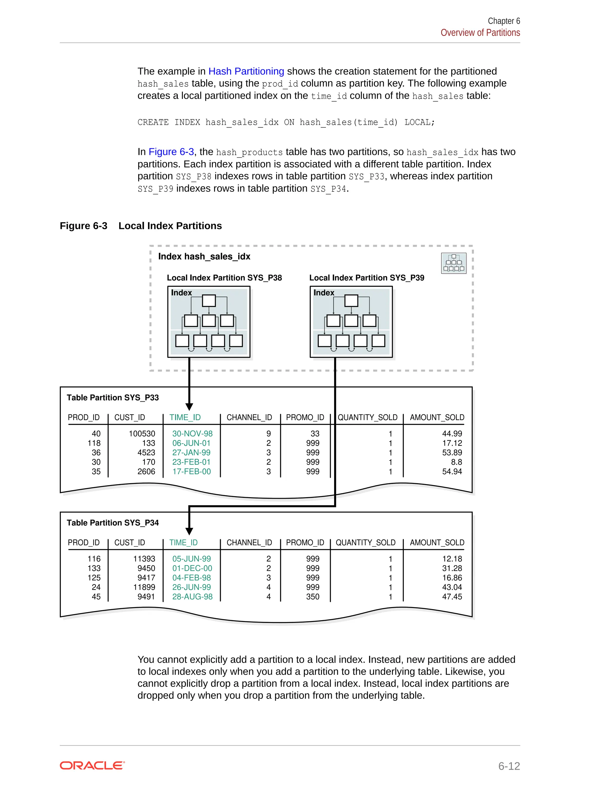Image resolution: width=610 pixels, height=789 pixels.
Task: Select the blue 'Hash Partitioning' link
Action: [x=246, y=71]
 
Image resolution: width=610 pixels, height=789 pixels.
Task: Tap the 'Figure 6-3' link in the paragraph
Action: [x=171, y=152]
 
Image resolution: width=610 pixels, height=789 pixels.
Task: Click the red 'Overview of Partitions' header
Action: [x=480, y=32]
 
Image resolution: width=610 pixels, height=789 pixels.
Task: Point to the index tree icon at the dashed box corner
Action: [x=454, y=263]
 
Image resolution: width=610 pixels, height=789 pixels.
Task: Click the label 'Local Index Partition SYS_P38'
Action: [x=224, y=278]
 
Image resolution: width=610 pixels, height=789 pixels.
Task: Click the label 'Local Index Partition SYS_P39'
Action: [x=366, y=278]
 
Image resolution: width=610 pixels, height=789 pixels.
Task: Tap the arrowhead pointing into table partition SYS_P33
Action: [x=189, y=406]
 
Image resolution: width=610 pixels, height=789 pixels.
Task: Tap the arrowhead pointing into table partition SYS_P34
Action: [x=189, y=531]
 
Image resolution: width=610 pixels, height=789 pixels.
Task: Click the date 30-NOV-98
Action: [x=192, y=434]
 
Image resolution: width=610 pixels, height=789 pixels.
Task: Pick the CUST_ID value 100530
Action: [x=142, y=434]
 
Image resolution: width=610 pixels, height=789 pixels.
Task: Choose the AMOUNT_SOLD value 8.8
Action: [x=456, y=462]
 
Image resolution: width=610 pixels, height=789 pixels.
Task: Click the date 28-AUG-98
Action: [x=192, y=596]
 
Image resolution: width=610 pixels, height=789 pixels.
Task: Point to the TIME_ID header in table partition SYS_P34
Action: [x=183, y=542]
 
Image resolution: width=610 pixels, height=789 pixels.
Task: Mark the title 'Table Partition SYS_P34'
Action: [x=113, y=523]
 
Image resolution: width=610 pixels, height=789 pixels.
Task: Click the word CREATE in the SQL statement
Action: [x=153, y=122]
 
